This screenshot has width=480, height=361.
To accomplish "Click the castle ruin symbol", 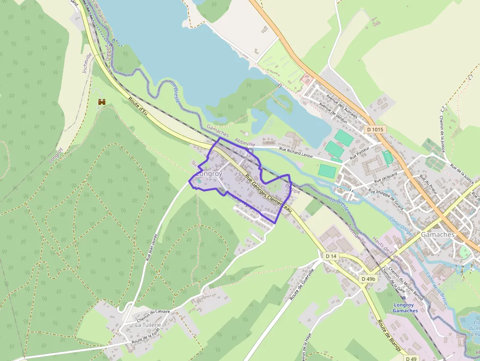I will click(102, 102).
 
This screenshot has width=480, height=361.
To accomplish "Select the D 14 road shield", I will click(331, 256).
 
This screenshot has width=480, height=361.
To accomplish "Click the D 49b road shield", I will click(368, 279).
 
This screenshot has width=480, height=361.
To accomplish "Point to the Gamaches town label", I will click(438, 235).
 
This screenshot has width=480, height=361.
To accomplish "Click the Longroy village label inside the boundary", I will click(209, 174).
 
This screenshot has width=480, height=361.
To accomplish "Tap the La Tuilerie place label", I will click(148, 325).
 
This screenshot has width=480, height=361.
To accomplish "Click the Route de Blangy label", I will click(390, 336).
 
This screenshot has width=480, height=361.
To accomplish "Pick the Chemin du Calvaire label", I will click(153, 312).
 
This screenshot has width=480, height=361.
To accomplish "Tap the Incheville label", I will click(87, 63).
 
